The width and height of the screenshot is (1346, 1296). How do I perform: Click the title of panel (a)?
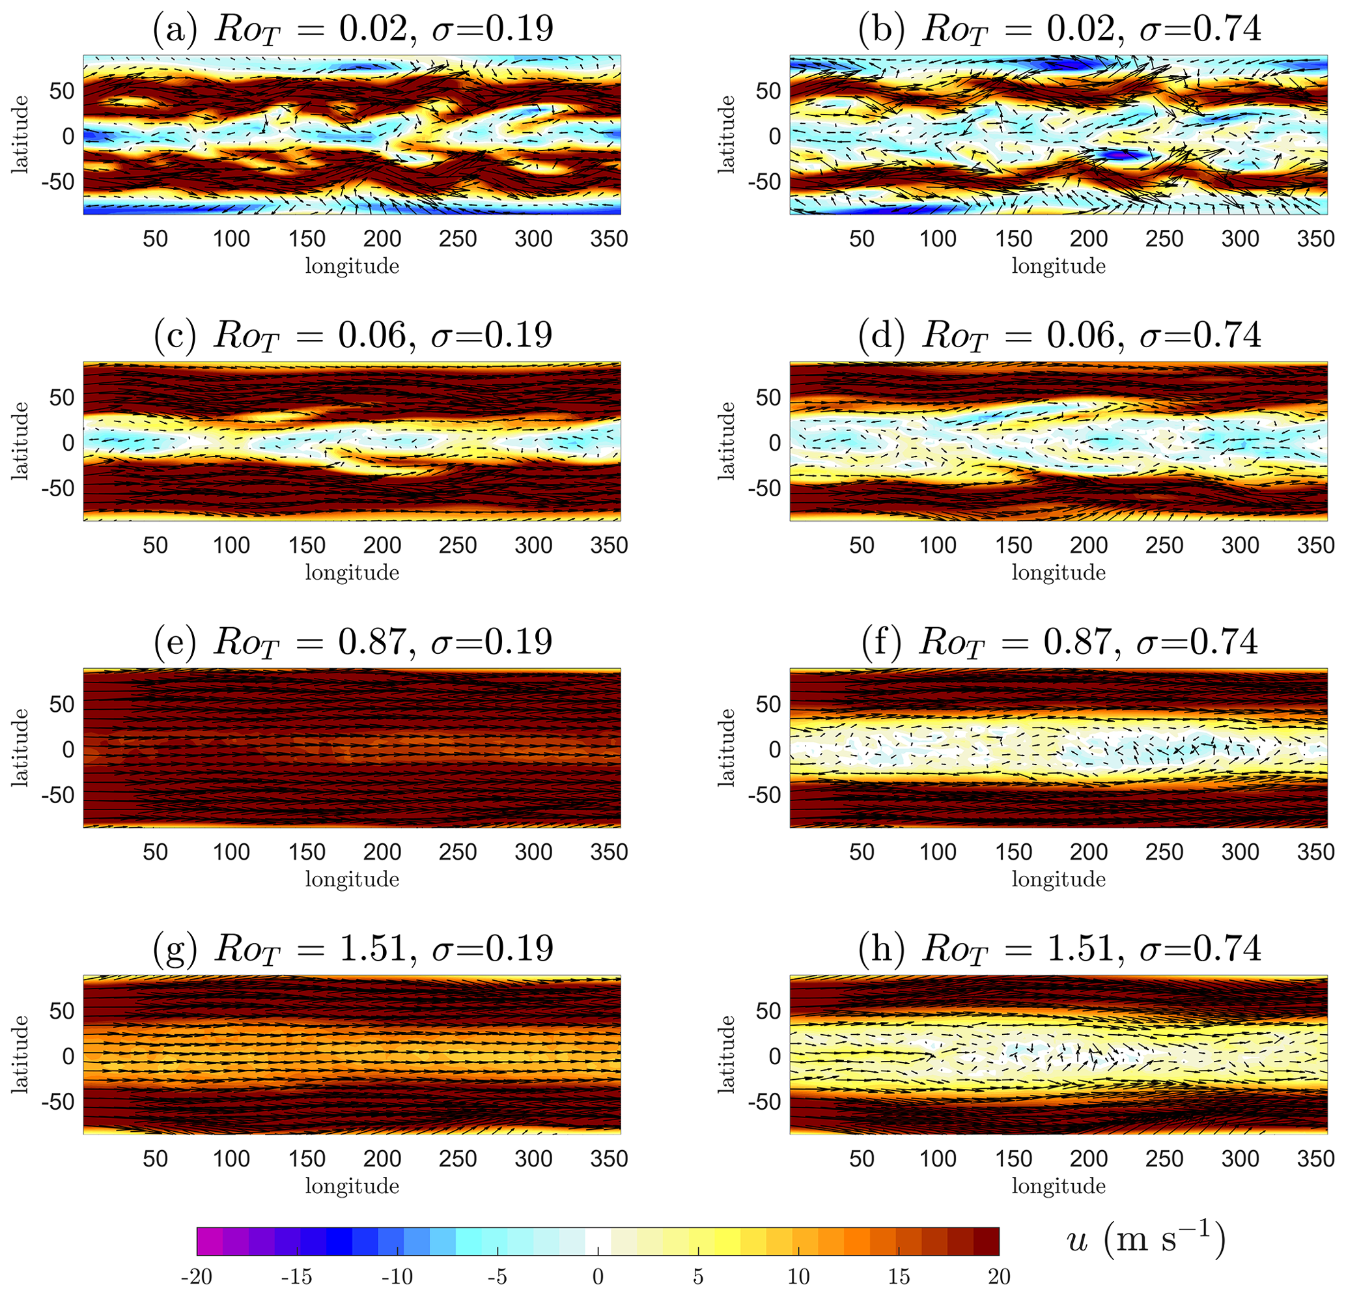point(352,29)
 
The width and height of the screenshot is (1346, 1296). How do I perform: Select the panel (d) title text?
point(1059,336)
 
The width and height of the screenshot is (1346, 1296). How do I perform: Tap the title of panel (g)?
point(352,948)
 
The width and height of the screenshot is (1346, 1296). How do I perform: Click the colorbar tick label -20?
point(197,1276)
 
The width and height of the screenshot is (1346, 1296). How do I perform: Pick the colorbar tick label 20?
point(999,1276)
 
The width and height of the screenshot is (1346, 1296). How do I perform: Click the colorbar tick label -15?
point(297,1276)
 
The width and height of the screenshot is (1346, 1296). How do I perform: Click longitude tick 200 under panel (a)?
point(382,238)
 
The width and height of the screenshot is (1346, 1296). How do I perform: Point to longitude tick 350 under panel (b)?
point(1316,238)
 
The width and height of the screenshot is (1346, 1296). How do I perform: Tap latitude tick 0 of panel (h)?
point(775,1056)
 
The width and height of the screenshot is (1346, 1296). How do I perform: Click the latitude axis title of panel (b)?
point(726,135)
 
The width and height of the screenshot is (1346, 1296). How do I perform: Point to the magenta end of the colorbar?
point(210,1241)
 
